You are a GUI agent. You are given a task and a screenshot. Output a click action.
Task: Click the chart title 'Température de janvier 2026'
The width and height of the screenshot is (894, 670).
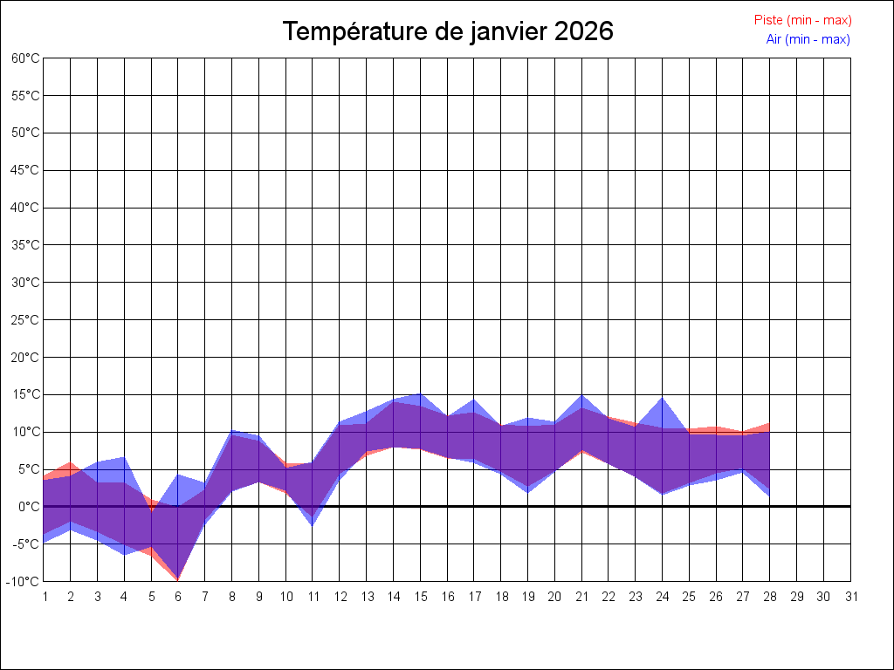(448, 31)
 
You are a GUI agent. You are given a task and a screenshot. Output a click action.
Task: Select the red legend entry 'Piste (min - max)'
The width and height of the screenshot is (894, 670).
(802, 20)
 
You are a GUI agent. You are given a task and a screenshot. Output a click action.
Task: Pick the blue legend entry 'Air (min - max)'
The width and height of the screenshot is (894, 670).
(808, 39)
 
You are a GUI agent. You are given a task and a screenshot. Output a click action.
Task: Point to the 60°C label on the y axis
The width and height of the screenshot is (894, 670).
(25, 58)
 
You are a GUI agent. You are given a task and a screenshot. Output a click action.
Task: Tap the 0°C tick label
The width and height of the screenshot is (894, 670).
(29, 507)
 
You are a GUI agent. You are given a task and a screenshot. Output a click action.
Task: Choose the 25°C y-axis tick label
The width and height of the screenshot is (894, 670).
(25, 320)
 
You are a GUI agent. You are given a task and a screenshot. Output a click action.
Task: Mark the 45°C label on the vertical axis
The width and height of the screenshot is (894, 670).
(25, 170)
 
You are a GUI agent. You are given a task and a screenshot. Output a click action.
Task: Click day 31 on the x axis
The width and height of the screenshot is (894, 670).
(851, 597)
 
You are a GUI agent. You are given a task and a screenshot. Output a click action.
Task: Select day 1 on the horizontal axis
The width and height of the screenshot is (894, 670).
(44, 597)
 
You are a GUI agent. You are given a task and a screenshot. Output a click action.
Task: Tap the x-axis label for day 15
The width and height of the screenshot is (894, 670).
(420, 597)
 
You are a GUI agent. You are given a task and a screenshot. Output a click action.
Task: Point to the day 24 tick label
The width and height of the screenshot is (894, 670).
(663, 597)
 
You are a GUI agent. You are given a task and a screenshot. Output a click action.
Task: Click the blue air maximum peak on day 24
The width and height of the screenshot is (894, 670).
(663, 399)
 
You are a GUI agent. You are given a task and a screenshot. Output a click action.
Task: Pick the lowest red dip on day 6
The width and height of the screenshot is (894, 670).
(178, 579)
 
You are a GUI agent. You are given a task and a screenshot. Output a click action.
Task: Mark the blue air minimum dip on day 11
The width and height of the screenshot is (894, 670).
(313, 524)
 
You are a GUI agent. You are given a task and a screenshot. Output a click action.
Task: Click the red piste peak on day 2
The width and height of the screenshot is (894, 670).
(71, 463)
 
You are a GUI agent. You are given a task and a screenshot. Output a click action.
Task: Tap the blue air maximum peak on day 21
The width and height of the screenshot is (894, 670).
(581, 396)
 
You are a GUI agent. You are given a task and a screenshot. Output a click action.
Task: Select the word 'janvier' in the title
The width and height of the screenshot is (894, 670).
(506, 31)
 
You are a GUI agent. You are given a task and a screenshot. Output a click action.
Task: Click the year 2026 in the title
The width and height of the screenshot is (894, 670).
(583, 31)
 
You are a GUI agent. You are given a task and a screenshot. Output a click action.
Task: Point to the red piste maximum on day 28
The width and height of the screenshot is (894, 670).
(769, 424)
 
